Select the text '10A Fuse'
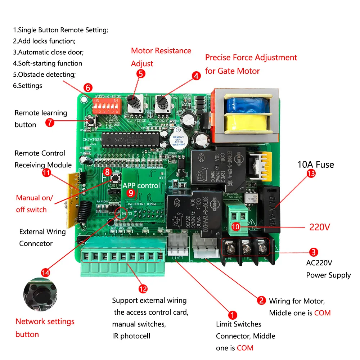coord(315,165)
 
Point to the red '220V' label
coord(320,228)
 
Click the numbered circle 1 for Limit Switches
coord(233,316)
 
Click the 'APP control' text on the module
coord(141,186)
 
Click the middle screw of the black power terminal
coord(246,248)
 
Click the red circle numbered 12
coord(143,289)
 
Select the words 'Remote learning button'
coord(41,119)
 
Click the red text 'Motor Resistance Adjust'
coord(161,57)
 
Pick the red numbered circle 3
coord(313,252)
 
